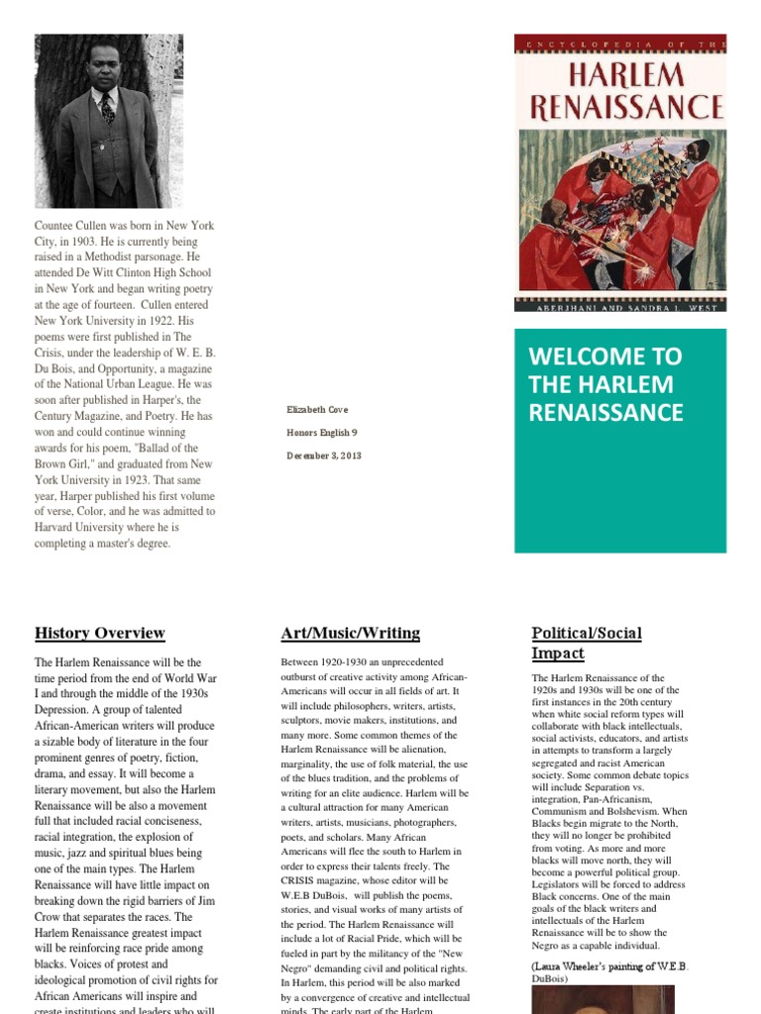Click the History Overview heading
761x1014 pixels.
100,634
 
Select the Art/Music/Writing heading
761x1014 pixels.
351,634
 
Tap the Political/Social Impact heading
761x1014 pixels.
587,643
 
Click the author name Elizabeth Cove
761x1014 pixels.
317,410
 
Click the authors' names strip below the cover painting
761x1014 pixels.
620,307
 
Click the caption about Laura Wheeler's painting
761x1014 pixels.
609,971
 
